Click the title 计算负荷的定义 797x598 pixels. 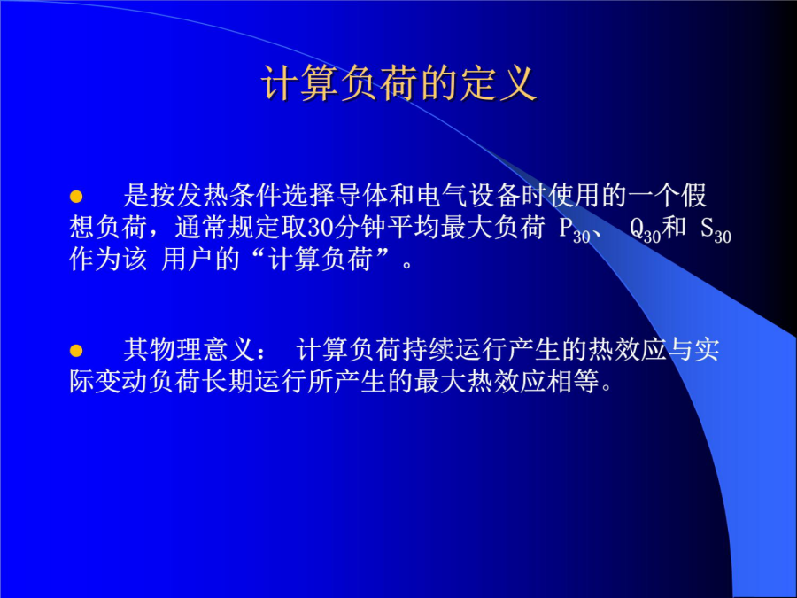[399, 83]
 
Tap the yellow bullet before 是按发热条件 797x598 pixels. [76, 197]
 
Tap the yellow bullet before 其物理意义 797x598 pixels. [76, 350]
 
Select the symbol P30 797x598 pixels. [574, 230]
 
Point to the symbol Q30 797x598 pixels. [645, 230]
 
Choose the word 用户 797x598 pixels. [188, 260]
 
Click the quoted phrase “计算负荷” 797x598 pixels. [321, 260]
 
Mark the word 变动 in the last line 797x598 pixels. [122, 381]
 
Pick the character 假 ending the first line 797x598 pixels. [693, 195]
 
